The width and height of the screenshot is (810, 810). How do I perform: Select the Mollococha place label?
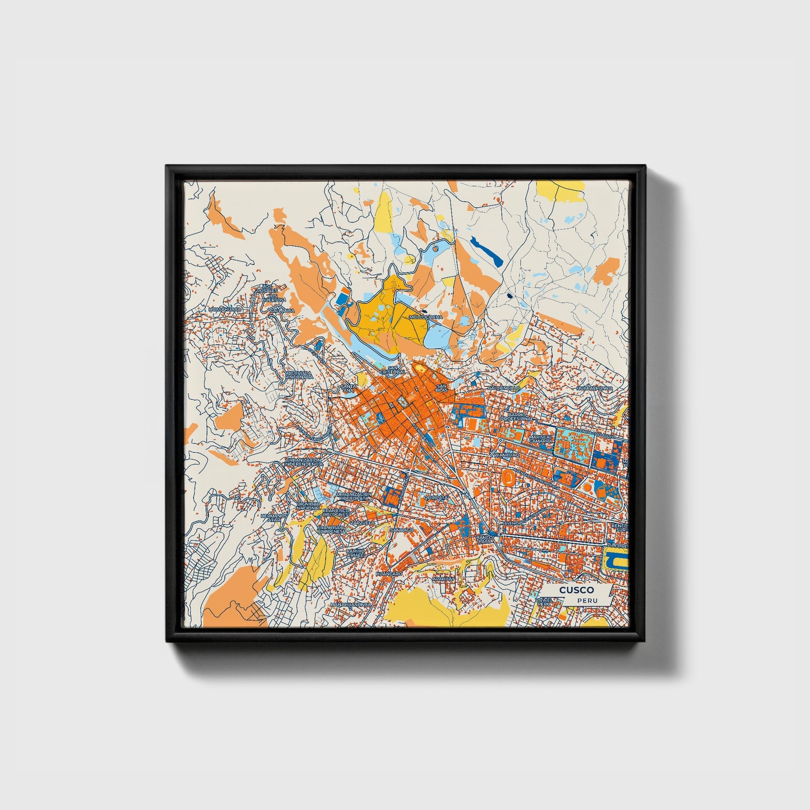click(x=426, y=317)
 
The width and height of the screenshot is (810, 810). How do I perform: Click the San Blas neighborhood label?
click(x=442, y=388)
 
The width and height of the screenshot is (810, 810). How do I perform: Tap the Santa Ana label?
click(x=348, y=388)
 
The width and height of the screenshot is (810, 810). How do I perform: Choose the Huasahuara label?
click(x=224, y=309)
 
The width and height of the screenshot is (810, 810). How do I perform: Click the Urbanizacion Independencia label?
click(x=304, y=462)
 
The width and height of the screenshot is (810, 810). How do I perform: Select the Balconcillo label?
click(x=504, y=388)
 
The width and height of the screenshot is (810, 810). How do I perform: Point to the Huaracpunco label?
click(x=595, y=388)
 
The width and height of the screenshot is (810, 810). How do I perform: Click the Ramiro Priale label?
click(x=355, y=554)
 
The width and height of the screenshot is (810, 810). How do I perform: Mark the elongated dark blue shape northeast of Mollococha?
click(x=487, y=251)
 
